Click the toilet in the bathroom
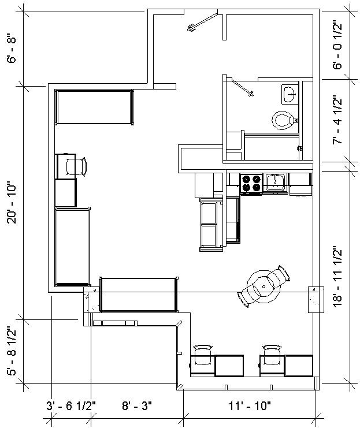(x=283, y=120)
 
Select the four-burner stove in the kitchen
(x=251, y=183)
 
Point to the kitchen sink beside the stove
(x=276, y=183)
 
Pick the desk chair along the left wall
(x=76, y=166)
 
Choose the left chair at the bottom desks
(x=202, y=355)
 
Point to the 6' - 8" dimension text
(x=13, y=50)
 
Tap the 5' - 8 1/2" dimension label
(x=13, y=352)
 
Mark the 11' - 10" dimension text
(x=249, y=406)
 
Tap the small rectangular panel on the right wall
(x=315, y=299)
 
